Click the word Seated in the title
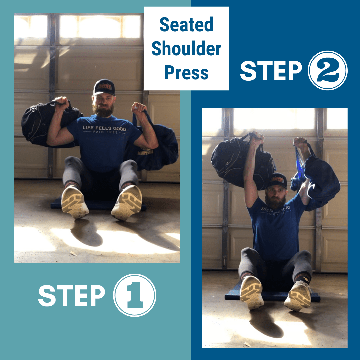tap(186, 25)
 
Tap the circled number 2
tap(328, 70)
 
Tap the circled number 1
tap(135, 295)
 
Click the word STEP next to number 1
tap(71, 295)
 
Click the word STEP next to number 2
tap(271, 71)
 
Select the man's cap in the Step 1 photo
tap(104, 87)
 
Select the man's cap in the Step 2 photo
tap(277, 180)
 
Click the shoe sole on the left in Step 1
tap(75, 202)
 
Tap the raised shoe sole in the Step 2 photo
tap(251, 292)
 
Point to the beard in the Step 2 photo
tap(275, 202)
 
